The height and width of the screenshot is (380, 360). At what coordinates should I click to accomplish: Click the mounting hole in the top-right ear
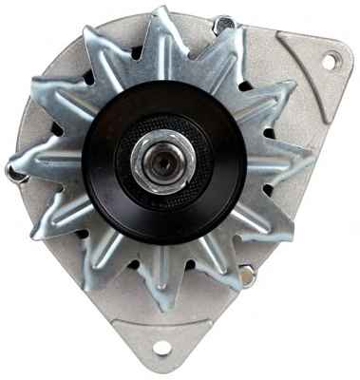coord(330,62)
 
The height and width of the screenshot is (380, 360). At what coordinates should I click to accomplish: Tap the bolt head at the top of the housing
coord(224,24)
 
